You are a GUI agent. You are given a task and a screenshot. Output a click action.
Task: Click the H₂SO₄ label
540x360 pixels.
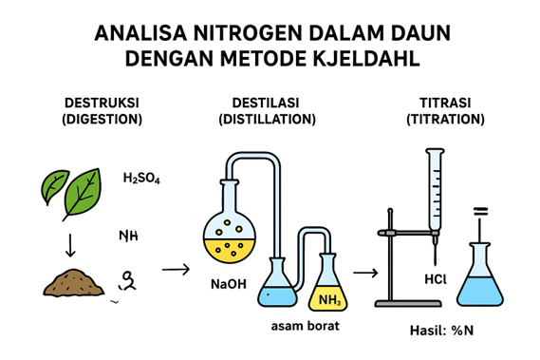click(x=141, y=178)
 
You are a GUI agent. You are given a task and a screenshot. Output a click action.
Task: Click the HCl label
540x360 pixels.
click(x=436, y=280)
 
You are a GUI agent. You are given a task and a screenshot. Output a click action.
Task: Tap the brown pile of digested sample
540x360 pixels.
click(x=75, y=281)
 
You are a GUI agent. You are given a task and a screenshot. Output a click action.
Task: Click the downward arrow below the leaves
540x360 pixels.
click(x=69, y=245)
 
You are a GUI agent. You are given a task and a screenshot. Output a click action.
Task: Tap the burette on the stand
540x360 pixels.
click(x=435, y=195)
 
